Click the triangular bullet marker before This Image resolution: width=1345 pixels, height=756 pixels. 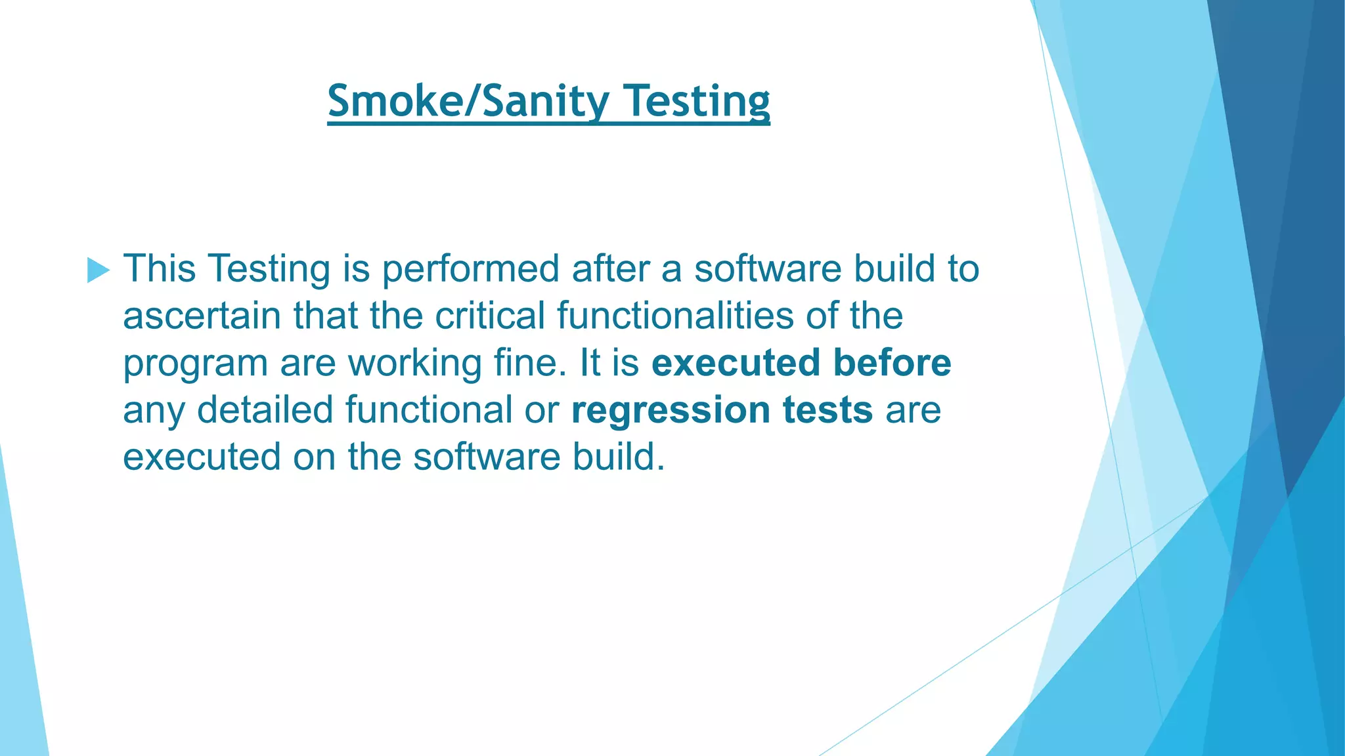click(98, 270)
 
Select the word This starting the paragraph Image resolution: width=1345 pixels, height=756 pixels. click(160, 268)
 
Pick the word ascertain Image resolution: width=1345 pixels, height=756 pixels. click(202, 316)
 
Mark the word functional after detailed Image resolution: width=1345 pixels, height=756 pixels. click(428, 410)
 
